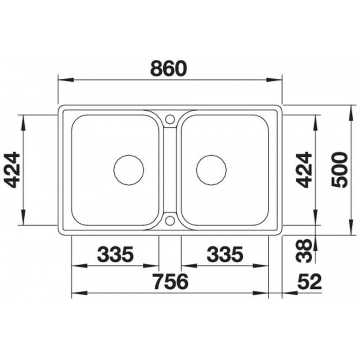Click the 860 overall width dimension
click(169, 68)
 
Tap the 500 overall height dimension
click(340, 170)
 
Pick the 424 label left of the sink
click(12, 170)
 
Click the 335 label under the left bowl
click(115, 254)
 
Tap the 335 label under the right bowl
click(225, 254)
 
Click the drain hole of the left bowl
click(129, 170)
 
